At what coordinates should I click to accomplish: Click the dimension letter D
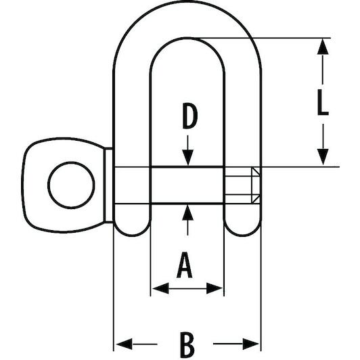[190, 116]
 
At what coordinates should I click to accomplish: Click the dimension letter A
[184, 265]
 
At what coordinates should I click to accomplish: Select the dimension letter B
[187, 344]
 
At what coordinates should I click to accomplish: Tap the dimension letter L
[323, 102]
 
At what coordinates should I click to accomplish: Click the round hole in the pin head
[71, 185]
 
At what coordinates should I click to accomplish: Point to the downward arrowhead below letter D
[188, 157]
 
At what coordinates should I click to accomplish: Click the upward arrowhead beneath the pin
[188, 212]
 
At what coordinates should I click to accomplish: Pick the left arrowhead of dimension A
[160, 288]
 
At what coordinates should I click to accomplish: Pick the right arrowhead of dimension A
[215, 288]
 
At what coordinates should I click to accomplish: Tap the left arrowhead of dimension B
[124, 344]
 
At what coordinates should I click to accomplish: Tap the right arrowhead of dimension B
[251, 344]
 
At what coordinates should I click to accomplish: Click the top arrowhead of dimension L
[323, 47]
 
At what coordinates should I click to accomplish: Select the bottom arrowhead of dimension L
[323, 157]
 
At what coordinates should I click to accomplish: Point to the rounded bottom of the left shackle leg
[132, 227]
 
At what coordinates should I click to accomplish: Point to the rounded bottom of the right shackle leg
[243, 227]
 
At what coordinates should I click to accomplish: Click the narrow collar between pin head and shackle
[108, 185]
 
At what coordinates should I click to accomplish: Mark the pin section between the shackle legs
[187, 185]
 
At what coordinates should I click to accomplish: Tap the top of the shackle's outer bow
[187, 1]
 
